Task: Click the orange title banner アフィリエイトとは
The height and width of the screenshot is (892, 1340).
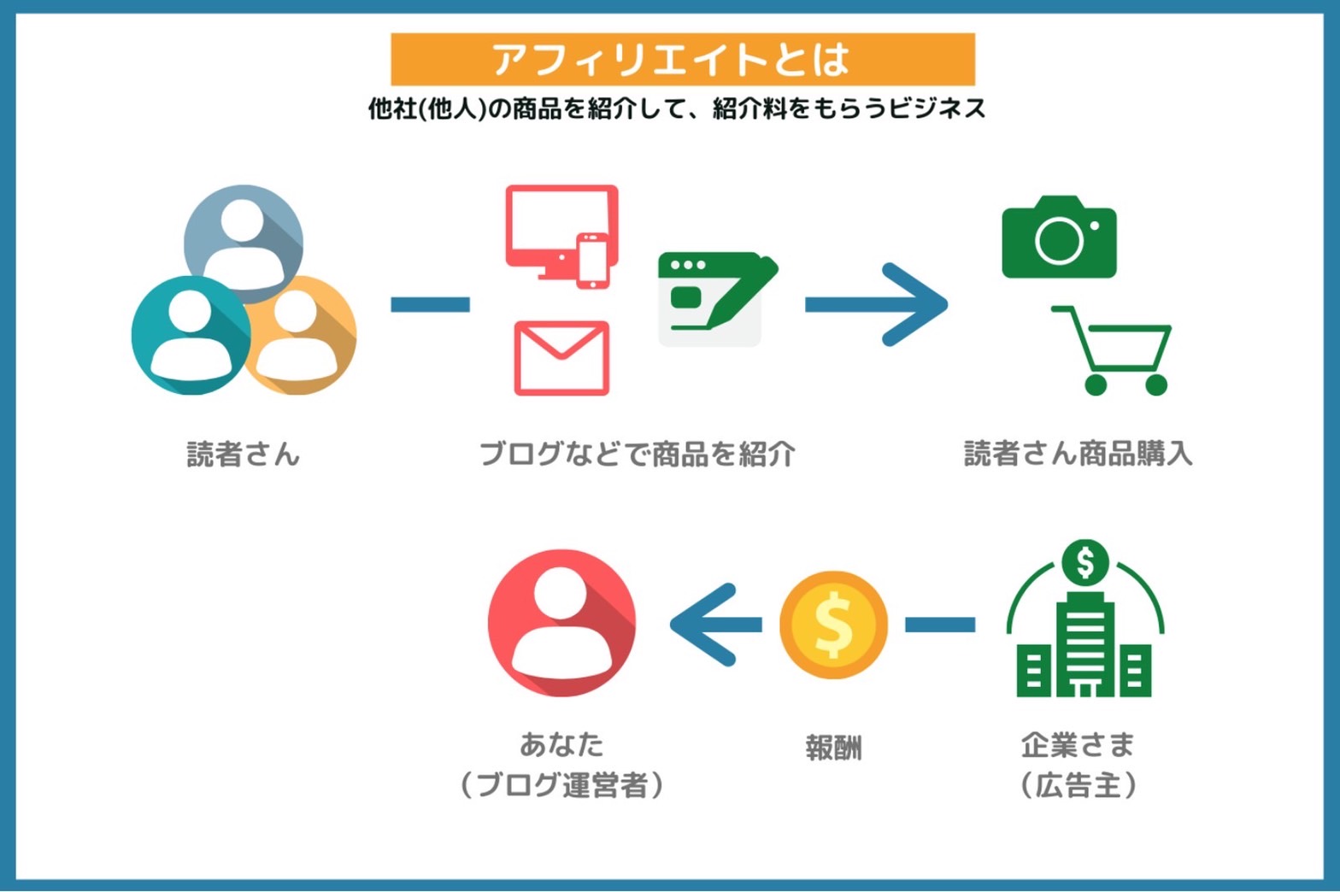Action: coord(683,59)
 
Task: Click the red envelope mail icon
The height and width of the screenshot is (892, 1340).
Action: coord(561,358)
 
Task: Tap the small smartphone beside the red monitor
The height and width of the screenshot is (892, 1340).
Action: coord(593,261)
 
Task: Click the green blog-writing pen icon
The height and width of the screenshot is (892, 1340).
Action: coord(718,299)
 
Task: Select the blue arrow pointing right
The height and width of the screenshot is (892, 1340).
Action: coord(877,304)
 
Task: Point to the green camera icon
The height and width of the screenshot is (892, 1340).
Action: coord(1059,237)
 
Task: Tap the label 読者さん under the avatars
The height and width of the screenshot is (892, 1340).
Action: coord(243,454)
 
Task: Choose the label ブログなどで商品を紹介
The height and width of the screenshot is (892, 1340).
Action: coord(638,454)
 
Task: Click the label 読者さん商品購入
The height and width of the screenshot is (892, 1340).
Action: coord(1078,453)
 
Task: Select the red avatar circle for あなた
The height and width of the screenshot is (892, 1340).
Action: coord(561,623)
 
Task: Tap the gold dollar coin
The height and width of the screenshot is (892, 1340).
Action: coord(833,625)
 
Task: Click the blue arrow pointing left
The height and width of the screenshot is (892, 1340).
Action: coord(715,625)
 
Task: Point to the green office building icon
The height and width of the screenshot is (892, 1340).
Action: coord(1084,646)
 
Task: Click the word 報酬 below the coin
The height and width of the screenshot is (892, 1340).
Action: coord(833,748)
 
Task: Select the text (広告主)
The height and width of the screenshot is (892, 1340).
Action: coord(1078,785)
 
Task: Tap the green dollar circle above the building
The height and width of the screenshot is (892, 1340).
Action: coord(1085,563)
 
